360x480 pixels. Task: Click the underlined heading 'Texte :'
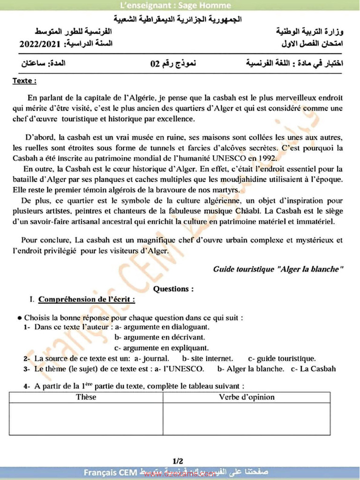(24, 81)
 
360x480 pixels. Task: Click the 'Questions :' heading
(173, 289)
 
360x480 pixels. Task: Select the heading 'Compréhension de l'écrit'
(87, 299)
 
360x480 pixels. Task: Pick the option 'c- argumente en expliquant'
(162, 348)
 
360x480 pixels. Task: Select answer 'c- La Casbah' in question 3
(313, 369)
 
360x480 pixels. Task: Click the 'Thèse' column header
(86, 397)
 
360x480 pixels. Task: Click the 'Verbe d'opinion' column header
(247, 397)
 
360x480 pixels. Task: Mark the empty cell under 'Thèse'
(86, 419)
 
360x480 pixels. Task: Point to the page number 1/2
(178, 461)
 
